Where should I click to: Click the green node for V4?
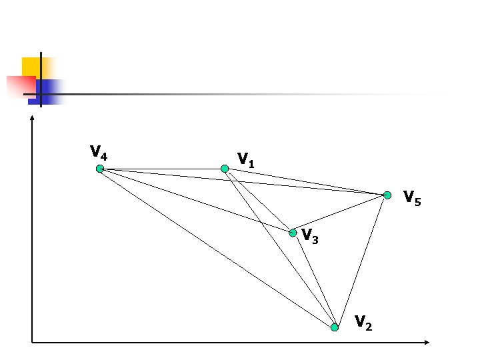coord(99,169)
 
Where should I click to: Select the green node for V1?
coord(225,169)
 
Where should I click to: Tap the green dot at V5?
coord(387,195)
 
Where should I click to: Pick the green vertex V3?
coord(293,233)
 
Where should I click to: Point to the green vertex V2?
coord(335,327)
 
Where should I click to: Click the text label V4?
coord(99,153)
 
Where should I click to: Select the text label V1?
coord(246,160)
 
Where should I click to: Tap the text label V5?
coord(412,198)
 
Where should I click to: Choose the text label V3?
coord(310,235)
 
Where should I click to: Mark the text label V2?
coord(363,323)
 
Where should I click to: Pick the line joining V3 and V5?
coord(340,214)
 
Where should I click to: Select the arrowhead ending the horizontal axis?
coord(427,343)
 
